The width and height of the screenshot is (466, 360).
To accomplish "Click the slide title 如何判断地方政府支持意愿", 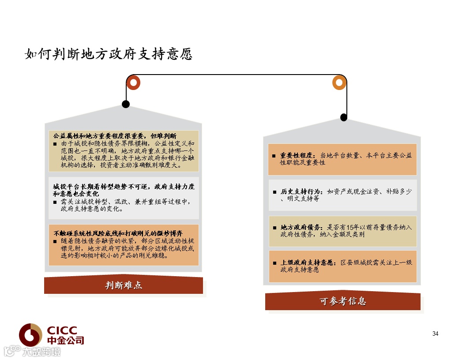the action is point(109,54).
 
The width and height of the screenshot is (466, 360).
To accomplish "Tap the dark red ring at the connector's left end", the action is point(133,82).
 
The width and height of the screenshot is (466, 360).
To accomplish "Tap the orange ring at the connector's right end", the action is point(339,82).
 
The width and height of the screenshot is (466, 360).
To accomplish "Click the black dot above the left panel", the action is point(126,104).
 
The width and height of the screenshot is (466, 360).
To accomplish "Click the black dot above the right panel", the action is point(344,117).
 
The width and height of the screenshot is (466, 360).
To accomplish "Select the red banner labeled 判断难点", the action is point(124,285).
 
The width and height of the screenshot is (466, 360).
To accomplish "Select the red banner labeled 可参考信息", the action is point(342,302).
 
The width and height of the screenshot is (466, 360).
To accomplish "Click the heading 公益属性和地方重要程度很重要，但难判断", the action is point(115,135).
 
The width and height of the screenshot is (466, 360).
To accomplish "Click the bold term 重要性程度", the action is point(298,156).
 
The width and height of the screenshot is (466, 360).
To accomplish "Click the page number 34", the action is point(435,334).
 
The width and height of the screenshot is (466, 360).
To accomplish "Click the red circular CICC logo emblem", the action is point(30,335).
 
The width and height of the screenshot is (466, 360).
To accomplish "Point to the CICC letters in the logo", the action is point(62,330).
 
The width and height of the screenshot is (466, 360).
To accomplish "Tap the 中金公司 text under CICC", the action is point(65,340).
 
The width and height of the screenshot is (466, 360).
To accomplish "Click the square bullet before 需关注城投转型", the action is point(55,202).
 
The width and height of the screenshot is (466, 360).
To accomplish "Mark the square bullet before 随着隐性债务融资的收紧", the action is point(55,241).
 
